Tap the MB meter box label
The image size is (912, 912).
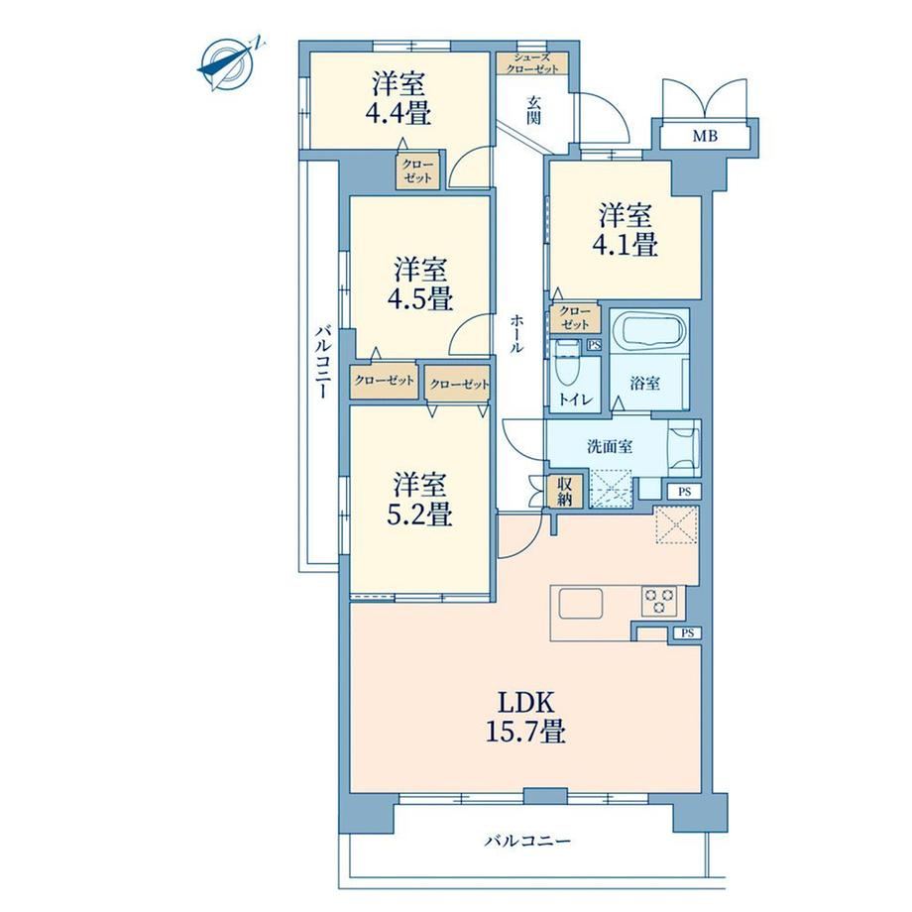[705, 137]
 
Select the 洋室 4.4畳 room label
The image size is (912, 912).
[399, 99]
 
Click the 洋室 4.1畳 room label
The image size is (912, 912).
[626, 230]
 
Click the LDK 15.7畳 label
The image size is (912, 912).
[526, 717]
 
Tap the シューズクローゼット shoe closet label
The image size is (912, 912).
[532, 63]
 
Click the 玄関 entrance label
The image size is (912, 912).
[533, 110]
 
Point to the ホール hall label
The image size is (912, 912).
[516, 334]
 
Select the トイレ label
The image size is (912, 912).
[575, 399]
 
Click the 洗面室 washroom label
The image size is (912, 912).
[610, 447]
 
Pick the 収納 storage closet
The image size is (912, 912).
[565, 491]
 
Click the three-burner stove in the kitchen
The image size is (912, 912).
[659, 601]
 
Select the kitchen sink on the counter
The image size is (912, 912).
[581, 603]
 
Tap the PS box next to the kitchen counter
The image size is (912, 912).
[688, 633]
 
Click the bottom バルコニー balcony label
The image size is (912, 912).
[528, 841]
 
